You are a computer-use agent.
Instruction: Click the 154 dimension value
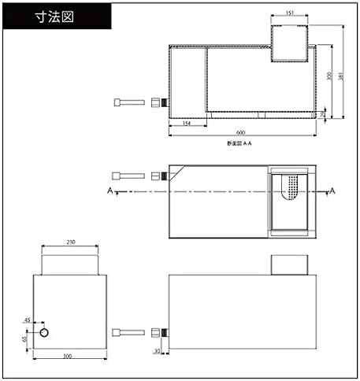coord(187,124)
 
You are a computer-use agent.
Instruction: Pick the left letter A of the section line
coord(109,191)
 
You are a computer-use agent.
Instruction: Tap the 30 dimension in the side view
coord(158,351)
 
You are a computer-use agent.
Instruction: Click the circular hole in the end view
coord(44,333)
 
